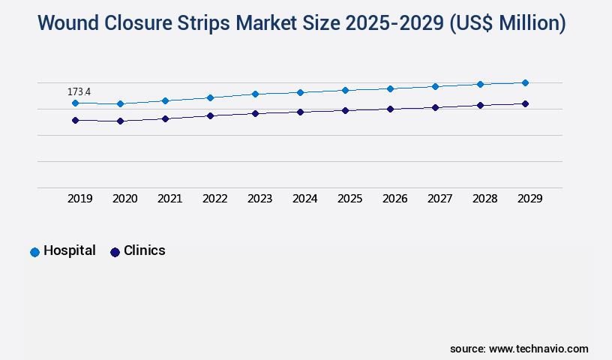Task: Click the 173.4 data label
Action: [x=79, y=91]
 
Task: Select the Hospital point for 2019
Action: [x=75, y=103]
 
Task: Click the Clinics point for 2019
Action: [x=75, y=120]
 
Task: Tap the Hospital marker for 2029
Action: [x=525, y=82]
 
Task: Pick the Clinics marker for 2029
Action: [x=525, y=103]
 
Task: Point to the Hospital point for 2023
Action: [x=255, y=94]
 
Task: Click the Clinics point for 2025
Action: [x=345, y=110]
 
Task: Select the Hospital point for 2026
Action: [x=390, y=88]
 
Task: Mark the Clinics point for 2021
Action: [x=165, y=118]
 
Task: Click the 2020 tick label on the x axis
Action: [x=124, y=199]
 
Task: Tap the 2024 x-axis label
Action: [x=304, y=199]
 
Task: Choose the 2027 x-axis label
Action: [x=439, y=199]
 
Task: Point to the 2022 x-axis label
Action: [x=214, y=199]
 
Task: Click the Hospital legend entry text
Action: [x=70, y=250]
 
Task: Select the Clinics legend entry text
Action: [x=144, y=250]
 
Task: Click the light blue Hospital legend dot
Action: [x=34, y=252]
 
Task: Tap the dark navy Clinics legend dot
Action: [x=115, y=252]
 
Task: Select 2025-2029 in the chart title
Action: [x=394, y=24]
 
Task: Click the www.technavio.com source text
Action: [x=538, y=349]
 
